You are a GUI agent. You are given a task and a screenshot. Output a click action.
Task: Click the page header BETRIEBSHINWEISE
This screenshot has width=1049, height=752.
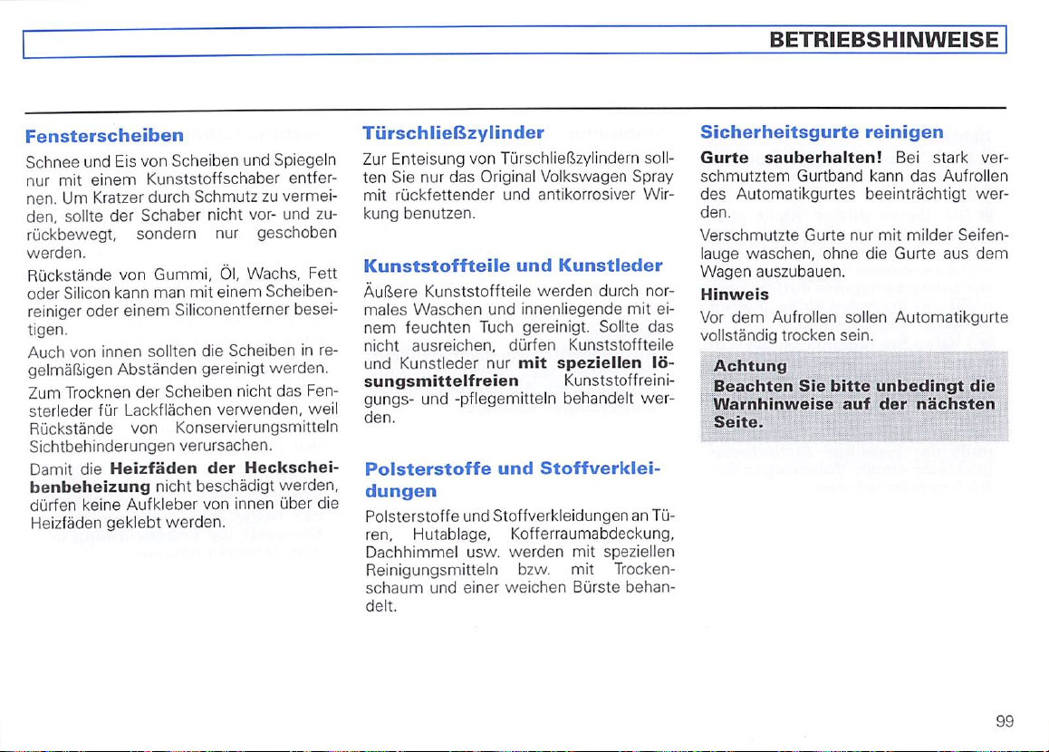883,40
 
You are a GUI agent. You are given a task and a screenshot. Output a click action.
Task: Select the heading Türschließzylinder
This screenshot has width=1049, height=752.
453,131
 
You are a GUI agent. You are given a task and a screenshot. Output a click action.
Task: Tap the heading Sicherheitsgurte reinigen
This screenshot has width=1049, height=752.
822,131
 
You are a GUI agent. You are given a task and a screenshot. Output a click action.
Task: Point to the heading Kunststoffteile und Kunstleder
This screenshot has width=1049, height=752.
513,266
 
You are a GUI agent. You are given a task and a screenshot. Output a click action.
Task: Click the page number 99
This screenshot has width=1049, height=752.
1004,721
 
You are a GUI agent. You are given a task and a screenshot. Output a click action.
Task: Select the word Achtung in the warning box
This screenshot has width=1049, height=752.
750,367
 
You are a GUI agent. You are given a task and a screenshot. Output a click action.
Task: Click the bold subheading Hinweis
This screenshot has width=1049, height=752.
735,294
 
